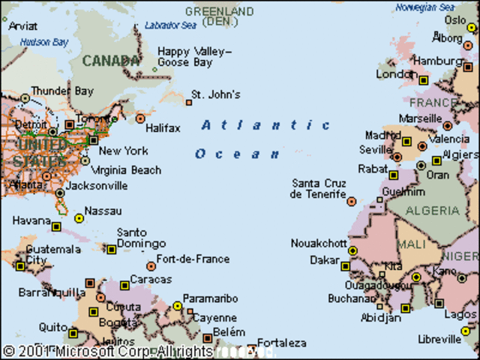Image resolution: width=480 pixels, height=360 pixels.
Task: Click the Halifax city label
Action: [163, 128]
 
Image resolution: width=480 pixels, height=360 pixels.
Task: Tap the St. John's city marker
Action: [189, 102]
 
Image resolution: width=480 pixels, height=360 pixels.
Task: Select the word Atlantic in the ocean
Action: [265, 125]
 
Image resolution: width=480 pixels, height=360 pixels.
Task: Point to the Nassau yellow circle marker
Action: [79, 218]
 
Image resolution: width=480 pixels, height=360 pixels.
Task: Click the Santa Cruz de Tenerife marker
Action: [351, 201]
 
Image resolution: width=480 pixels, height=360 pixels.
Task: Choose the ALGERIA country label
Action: [432, 211]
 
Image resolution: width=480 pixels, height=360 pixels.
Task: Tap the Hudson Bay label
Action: [44, 43]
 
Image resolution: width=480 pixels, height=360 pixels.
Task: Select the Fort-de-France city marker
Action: [151, 266]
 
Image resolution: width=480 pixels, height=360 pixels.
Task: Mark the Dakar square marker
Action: [345, 266]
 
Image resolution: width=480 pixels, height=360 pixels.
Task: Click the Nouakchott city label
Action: [319, 244]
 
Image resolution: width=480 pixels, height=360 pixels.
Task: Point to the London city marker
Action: [423, 80]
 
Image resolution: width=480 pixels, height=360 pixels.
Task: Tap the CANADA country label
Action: [110, 61]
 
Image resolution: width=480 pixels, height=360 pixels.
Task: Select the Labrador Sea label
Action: [170, 25]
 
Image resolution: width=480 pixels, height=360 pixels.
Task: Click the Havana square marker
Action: [56, 226]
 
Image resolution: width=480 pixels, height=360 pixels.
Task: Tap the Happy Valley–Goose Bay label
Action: [194, 58]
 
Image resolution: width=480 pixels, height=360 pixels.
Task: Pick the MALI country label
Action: [411, 244]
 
